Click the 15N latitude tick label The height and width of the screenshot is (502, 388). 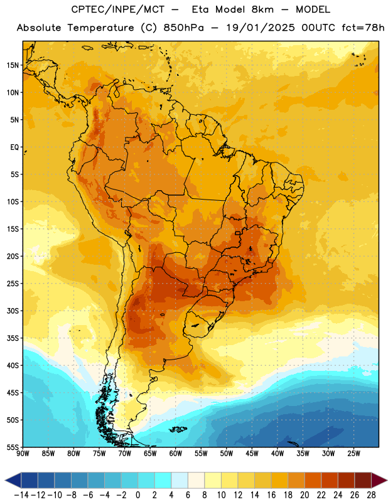tap(13, 65)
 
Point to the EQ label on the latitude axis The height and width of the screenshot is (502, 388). tap(14, 147)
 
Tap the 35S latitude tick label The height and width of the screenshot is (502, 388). tap(13, 338)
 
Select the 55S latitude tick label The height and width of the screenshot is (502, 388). tap(13, 447)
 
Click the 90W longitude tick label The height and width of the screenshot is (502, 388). tap(23, 454)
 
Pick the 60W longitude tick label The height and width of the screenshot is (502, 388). tap(176, 454)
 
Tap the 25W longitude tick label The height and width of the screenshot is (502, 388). tap(353, 454)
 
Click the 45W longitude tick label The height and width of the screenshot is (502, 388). tap(252, 454)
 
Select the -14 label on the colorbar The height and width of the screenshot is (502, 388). tap(21, 495)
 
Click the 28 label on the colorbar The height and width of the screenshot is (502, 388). tap(371, 495)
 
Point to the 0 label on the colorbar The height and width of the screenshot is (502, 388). tap(137, 495)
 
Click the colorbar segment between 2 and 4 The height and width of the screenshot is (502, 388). tap(163, 480)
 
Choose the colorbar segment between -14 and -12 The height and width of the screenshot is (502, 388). tap(30, 480)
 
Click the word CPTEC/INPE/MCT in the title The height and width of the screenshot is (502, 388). tap(118, 9)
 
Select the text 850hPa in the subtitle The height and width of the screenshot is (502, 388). tap(183, 28)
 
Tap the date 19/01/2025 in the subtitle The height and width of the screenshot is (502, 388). tap(261, 28)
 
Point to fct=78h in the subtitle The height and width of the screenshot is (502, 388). tap(363, 28)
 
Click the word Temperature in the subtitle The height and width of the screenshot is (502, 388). tap(100, 28)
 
